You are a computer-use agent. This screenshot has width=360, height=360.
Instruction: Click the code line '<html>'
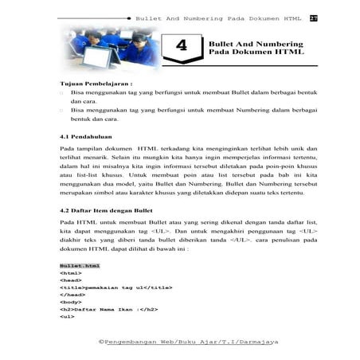coord(69,272)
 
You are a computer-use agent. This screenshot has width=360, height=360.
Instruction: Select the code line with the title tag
coord(104,287)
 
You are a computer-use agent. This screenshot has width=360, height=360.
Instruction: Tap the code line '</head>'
coord(71,294)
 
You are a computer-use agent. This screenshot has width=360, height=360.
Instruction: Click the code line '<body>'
coord(69,302)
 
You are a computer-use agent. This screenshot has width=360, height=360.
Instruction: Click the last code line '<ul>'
coord(66,316)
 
